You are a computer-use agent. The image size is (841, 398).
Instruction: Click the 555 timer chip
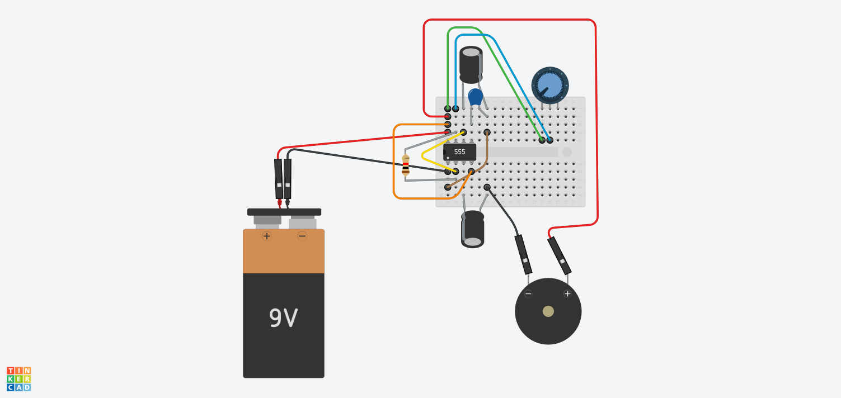(459, 151)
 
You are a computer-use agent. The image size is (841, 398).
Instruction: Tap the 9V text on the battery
(283, 318)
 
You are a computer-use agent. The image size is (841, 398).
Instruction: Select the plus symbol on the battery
(267, 236)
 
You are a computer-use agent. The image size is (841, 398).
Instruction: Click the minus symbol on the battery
(302, 236)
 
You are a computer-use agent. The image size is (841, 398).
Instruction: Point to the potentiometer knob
(549, 85)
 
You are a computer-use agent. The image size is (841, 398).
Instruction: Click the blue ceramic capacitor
(475, 97)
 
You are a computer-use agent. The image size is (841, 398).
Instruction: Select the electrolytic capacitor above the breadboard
(471, 64)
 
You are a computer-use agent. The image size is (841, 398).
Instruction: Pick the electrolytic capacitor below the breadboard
(473, 229)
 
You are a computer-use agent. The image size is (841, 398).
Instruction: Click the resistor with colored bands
(406, 165)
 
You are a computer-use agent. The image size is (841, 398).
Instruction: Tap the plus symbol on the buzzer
(567, 293)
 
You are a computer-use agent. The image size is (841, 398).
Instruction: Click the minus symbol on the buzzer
(528, 293)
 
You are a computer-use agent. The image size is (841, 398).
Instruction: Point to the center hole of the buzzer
(548, 311)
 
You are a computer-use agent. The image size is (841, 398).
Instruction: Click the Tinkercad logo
(19, 378)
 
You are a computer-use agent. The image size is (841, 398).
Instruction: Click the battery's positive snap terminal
(267, 219)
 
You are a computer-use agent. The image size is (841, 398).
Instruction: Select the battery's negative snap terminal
(302, 222)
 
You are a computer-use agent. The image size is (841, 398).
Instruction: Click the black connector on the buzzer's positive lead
(559, 255)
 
